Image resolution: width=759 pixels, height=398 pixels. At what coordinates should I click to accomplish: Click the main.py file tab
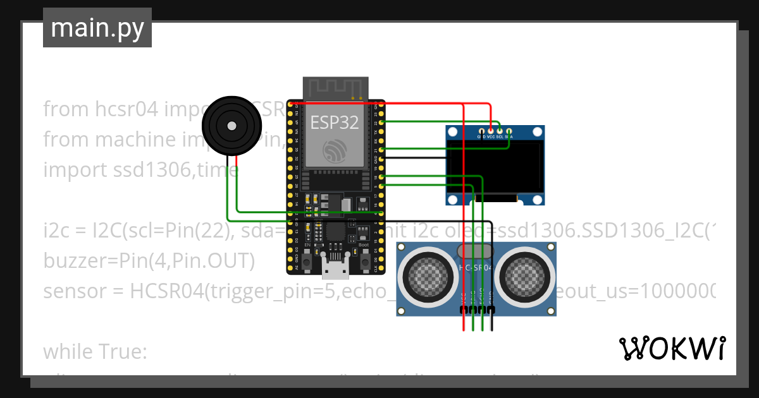(97, 28)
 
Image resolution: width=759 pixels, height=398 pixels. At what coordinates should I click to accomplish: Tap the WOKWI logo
(672, 348)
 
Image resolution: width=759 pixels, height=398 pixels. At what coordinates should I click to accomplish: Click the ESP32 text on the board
(335, 122)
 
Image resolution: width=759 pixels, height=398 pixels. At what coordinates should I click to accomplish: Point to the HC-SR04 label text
(476, 268)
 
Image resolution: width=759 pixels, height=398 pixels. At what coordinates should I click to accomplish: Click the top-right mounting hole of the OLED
(537, 132)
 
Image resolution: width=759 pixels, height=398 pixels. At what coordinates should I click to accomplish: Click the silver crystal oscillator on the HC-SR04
(476, 251)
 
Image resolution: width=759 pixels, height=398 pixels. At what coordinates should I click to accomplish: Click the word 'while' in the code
(66, 352)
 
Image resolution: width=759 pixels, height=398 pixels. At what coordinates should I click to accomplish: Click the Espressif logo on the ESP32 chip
(335, 151)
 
